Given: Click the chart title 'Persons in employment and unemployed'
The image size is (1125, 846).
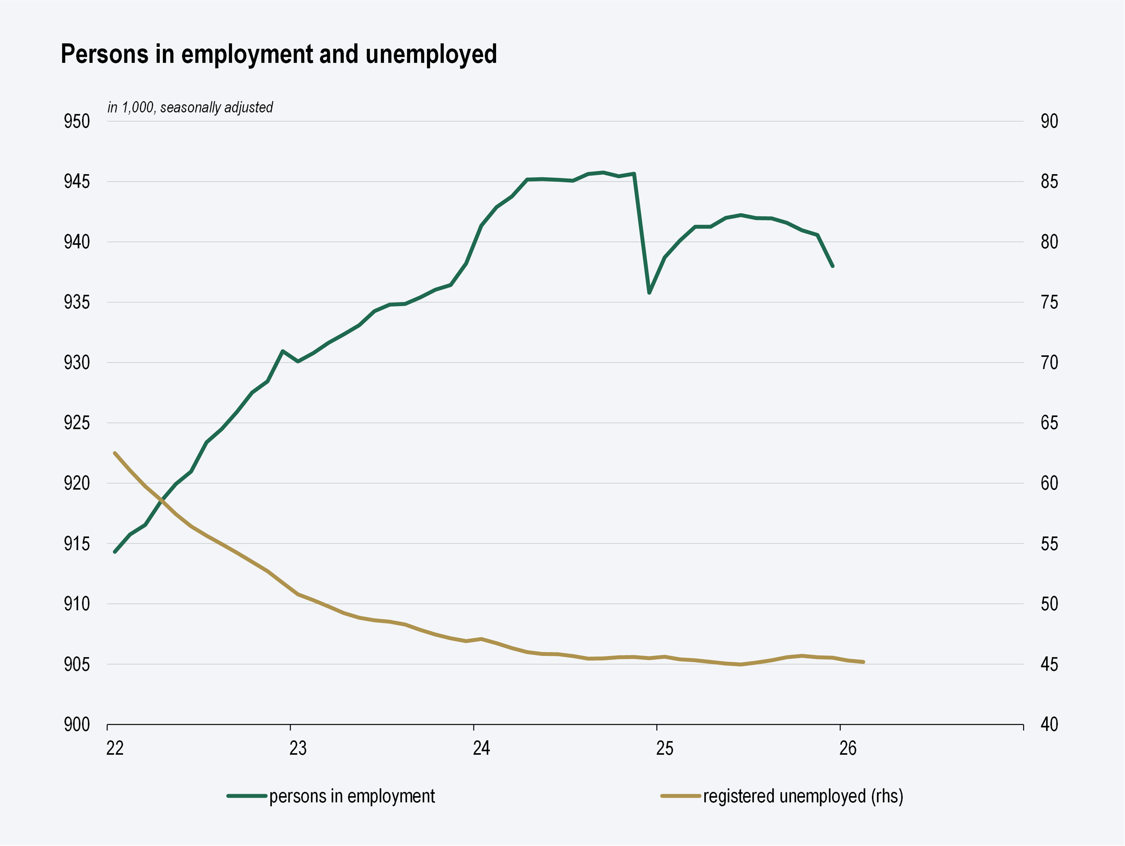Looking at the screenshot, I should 279,54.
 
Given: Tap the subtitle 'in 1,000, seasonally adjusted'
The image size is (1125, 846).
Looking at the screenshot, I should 190,107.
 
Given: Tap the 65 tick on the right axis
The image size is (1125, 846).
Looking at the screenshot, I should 1049,423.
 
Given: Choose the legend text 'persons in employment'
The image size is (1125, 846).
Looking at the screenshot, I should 352,796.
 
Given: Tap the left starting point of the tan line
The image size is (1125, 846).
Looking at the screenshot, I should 115,453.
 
